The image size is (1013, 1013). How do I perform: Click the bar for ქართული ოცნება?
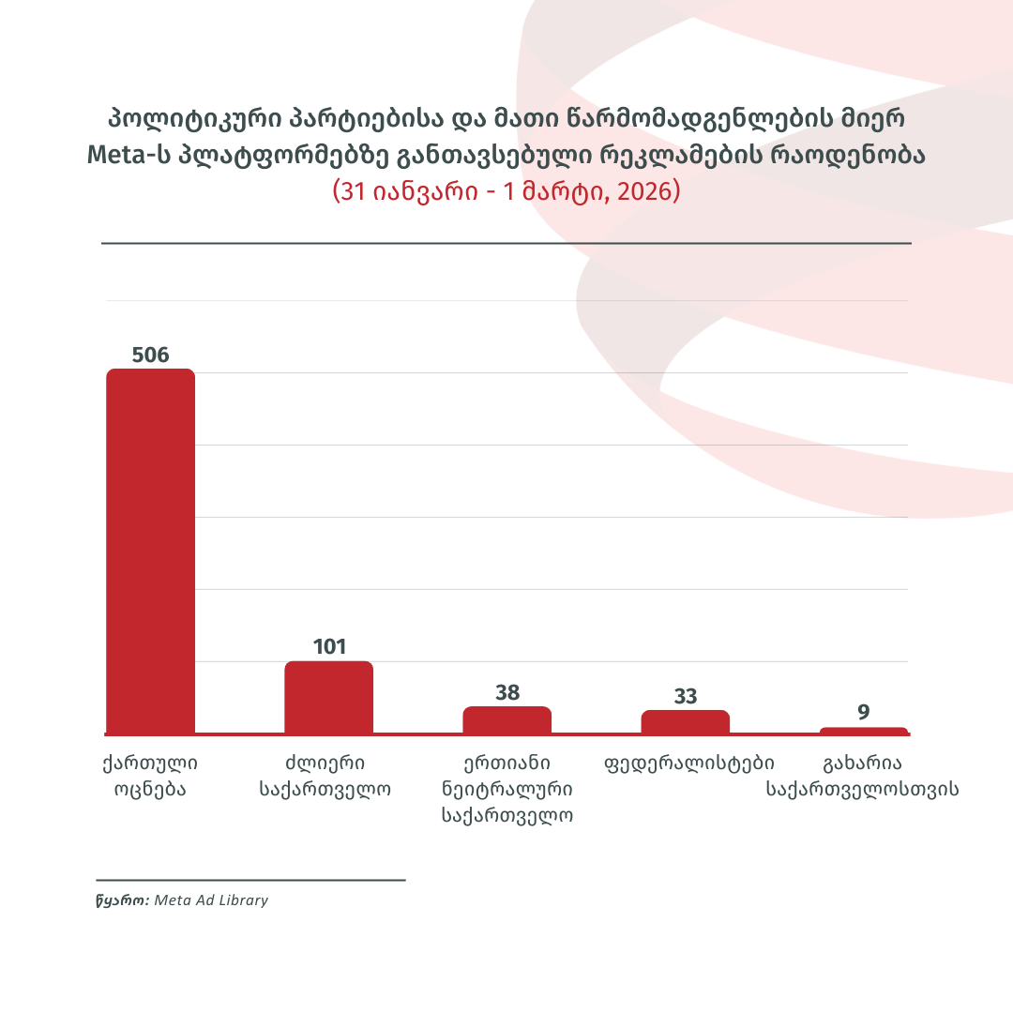tap(150, 551)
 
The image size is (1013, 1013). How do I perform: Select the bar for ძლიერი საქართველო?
tap(328, 697)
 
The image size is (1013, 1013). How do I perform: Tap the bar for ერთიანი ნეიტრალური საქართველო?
tap(506, 719)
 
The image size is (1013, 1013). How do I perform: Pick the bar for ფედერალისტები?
tap(685, 721)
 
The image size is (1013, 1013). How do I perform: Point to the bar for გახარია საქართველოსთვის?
tap(863, 731)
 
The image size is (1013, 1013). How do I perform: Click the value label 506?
tap(150, 355)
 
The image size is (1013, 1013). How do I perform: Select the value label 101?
tap(329, 647)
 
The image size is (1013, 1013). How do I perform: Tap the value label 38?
tap(507, 693)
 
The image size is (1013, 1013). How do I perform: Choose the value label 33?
tap(686, 697)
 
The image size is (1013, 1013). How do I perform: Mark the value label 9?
tap(864, 713)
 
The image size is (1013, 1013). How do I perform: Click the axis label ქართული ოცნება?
tap(150, 775)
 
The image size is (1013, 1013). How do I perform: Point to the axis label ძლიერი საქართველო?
tap(325, 775)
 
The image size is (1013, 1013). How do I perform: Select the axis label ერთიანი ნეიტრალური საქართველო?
tap(507, 788)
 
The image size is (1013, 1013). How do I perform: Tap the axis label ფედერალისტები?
tap(689, 762)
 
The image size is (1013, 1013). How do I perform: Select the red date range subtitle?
tap(506, 191)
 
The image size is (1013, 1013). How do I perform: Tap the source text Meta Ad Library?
tap(211, 900)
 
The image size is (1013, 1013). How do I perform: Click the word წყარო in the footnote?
tap(121, 900)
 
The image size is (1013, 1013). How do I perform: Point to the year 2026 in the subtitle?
tap(647, 191)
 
